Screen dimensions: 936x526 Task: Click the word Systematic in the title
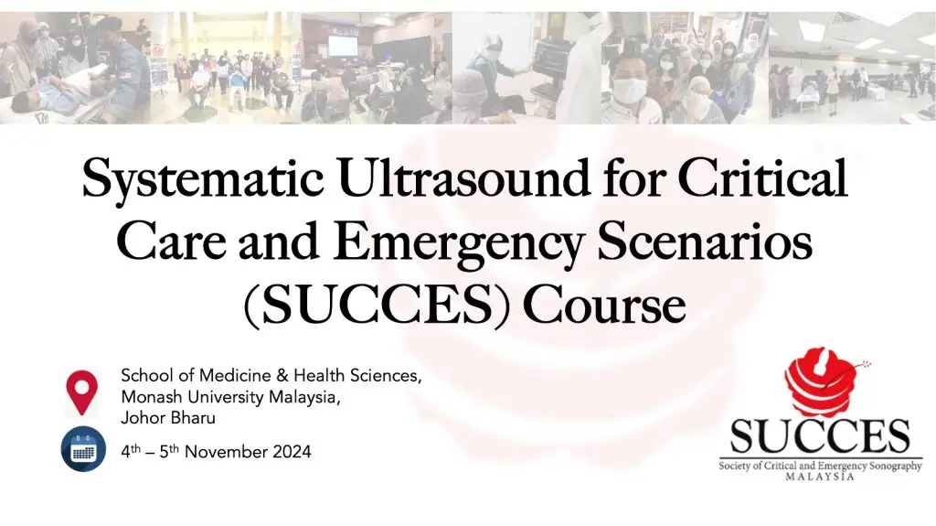click(x=203, y=178)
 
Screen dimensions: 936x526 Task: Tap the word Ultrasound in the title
click(x=464, y=177)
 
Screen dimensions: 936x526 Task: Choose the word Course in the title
click(x=604, y=304)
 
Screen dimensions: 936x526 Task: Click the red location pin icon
click(x=81, y=392)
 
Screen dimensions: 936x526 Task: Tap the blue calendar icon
click(x=83, y=449)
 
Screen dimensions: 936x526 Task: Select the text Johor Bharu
click(x=168, y=418)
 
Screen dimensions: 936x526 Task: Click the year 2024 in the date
click(x=292, y=452)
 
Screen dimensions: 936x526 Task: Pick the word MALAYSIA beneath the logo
click(x=820, y=477)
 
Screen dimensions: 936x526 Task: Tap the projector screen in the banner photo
click(x=344, y=46)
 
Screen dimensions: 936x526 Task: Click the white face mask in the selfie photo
click(x=630, y=91)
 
